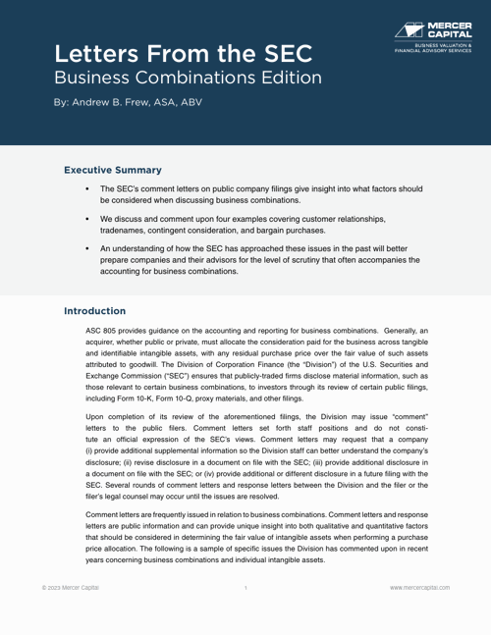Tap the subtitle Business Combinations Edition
click(187, 76)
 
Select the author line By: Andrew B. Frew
click(129, 102)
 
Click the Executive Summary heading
click(114, 170)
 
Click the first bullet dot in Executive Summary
click(89, 187)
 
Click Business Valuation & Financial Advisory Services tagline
click(432, 46)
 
